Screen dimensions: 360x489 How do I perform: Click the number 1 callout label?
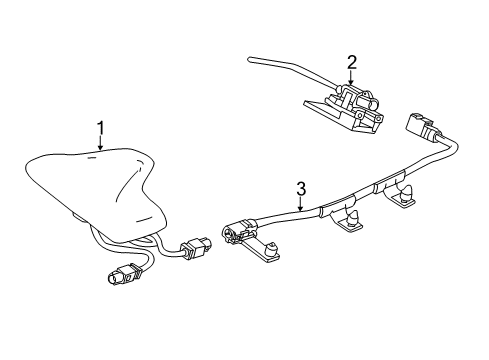pyautogui.click(x=100, y=127)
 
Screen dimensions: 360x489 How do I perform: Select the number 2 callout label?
pyautogui.click(x=352, y=62)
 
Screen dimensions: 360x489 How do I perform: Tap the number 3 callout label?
pyautogui.click(x=300, y=188)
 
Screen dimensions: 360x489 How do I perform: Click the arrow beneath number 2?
pyautogui.click(x=352, y=80)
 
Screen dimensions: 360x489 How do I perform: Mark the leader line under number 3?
pyautogui.click(x=300, y=203)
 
